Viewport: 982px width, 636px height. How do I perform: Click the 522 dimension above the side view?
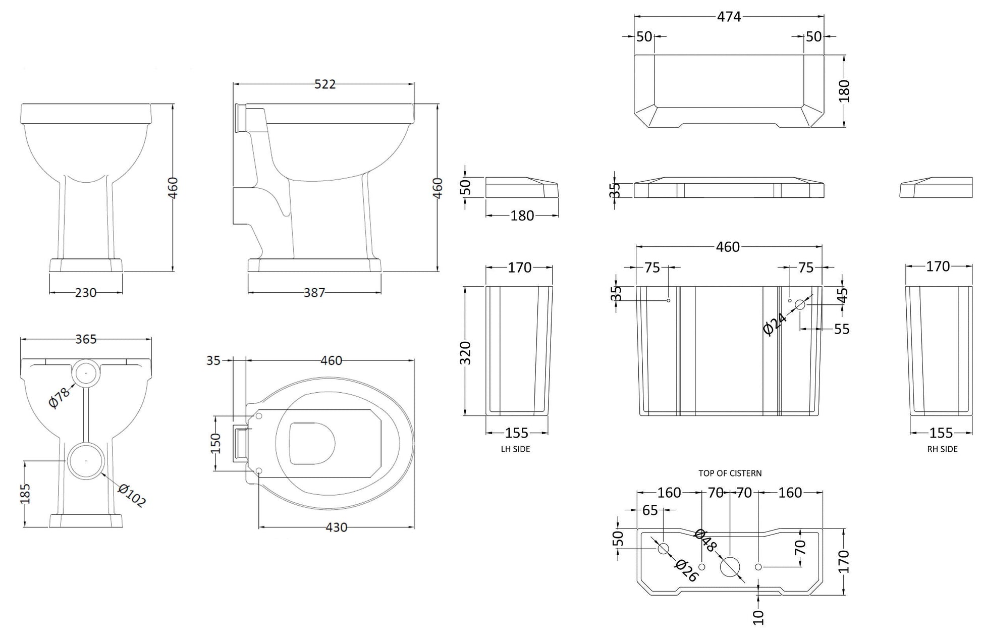(x=324, y=84)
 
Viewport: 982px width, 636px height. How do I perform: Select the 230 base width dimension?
(x=85, y=293)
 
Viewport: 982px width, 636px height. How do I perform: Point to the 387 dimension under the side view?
(x=314, y=293)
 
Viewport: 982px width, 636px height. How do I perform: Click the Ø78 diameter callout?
(x=60, y=398)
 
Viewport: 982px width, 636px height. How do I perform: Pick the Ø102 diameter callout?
(x=132, y=495)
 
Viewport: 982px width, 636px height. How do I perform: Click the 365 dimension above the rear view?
(x=86, y=339)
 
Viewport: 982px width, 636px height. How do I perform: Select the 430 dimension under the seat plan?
(x=336, y=527)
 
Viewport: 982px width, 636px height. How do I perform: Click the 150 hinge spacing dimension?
(x=216, y=444)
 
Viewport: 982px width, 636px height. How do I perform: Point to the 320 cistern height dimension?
(x=465, y=353)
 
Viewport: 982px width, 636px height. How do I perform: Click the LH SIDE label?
(x=515, y=449)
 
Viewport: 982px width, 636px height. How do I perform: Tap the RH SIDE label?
(x=942, y=449)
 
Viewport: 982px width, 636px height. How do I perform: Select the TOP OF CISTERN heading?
(x=730, y=473)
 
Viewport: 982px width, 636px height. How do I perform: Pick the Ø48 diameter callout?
(x=705, y=541)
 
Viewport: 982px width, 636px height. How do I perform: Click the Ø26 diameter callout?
(x=686, y=571)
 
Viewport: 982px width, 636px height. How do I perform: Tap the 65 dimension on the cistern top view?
(x=650, y=511)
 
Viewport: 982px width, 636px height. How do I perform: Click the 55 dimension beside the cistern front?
(x=842, y=329)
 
